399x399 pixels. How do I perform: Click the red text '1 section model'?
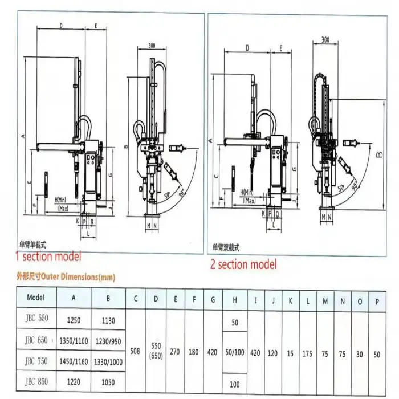click(49, 256)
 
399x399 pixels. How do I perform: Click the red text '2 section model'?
click(245, 264)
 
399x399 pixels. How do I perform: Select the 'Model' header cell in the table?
click(35, 297)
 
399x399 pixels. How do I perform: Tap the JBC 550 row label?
click(36, 320)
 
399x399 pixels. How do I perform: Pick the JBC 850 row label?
click(36, 382)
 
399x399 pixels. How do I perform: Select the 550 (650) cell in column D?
click(156, 351)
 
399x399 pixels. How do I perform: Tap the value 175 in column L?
click(308, 353)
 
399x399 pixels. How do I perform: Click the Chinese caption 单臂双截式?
click(227, 247)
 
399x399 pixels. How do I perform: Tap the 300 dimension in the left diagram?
click(152, 45)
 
